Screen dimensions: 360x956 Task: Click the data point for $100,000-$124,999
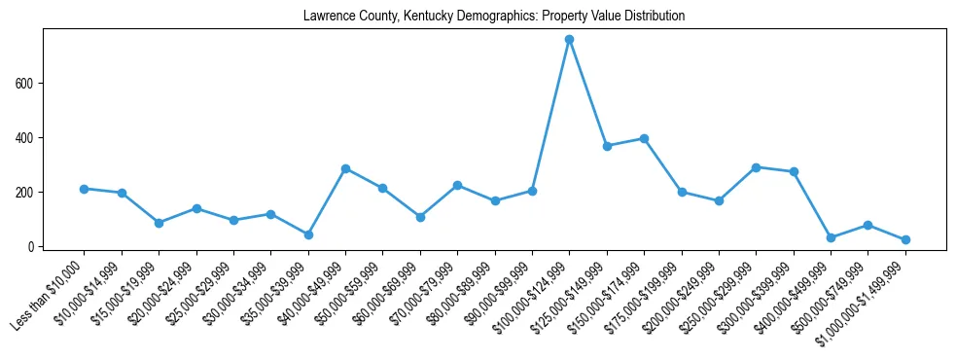569,40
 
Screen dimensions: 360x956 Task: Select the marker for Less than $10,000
85,189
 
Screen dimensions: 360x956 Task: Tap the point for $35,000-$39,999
308,234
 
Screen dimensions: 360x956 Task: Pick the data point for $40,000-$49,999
345,168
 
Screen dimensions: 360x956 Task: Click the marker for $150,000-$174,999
644,139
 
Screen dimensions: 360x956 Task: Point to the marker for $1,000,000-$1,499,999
905,239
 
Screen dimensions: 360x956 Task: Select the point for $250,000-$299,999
756,167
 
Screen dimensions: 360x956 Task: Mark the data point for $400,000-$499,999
831,237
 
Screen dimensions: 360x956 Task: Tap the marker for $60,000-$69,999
420,217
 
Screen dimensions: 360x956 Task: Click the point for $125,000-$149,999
607,146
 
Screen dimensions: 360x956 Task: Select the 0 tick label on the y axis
32,247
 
